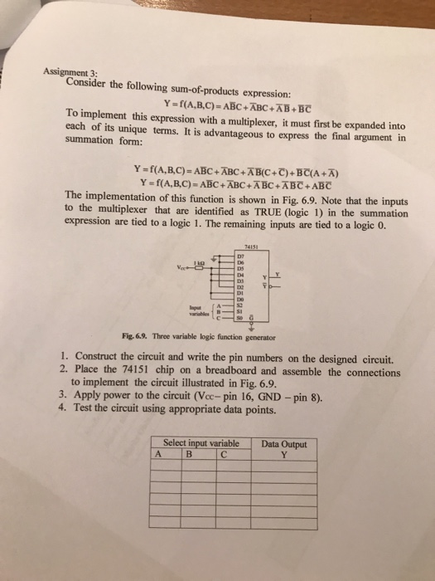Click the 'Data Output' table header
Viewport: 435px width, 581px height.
pyautogui.click(x=283, y=444)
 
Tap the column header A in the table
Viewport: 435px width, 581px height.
pyautogui.click(x=157, y=454)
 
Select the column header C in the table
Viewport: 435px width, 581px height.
pyautogui.click(x=224, y=454)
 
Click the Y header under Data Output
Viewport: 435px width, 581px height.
pyautogui.click(x=283, y=454)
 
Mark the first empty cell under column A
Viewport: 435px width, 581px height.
pyautogui.click(x=162, y=466)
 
